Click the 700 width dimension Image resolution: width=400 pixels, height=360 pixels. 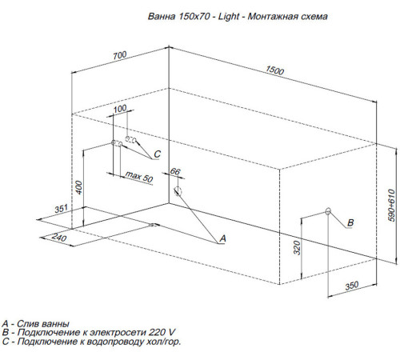pos(119,55)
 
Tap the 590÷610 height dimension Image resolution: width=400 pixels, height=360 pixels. pos(390,206)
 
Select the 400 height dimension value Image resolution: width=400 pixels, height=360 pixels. pos(78,186)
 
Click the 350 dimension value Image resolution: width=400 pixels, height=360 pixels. pos(350,285)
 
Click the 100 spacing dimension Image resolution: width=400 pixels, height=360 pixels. pos(120,109)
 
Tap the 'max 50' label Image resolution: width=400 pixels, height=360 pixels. pos(138,177)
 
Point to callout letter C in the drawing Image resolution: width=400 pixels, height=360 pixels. pos(158,154)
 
